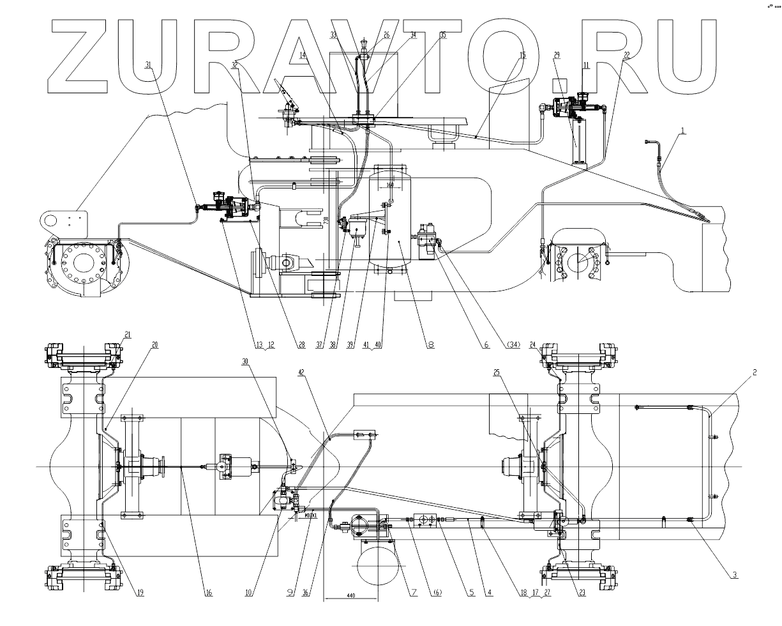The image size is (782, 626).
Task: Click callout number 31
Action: pyautogui.click(x=149, y=65)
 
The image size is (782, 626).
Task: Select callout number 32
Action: pyautogui.click(x=236, y=65)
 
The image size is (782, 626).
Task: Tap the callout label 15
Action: pyautogui.click(x=523, y=56)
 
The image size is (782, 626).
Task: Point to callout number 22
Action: pyautogui.click(x=626, y=56)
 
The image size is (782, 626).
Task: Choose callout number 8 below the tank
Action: pyautogui.click(x=431, y=344)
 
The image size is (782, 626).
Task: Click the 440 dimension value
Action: pyautogui.click(x=350, y=596)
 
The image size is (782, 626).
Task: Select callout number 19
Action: pyautogui.click(x=140, y=593)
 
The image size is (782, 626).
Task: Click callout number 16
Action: pyautogui.click(x=208, y=593)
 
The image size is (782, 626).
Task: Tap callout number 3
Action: pyautogui.click(x=735, y=574)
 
